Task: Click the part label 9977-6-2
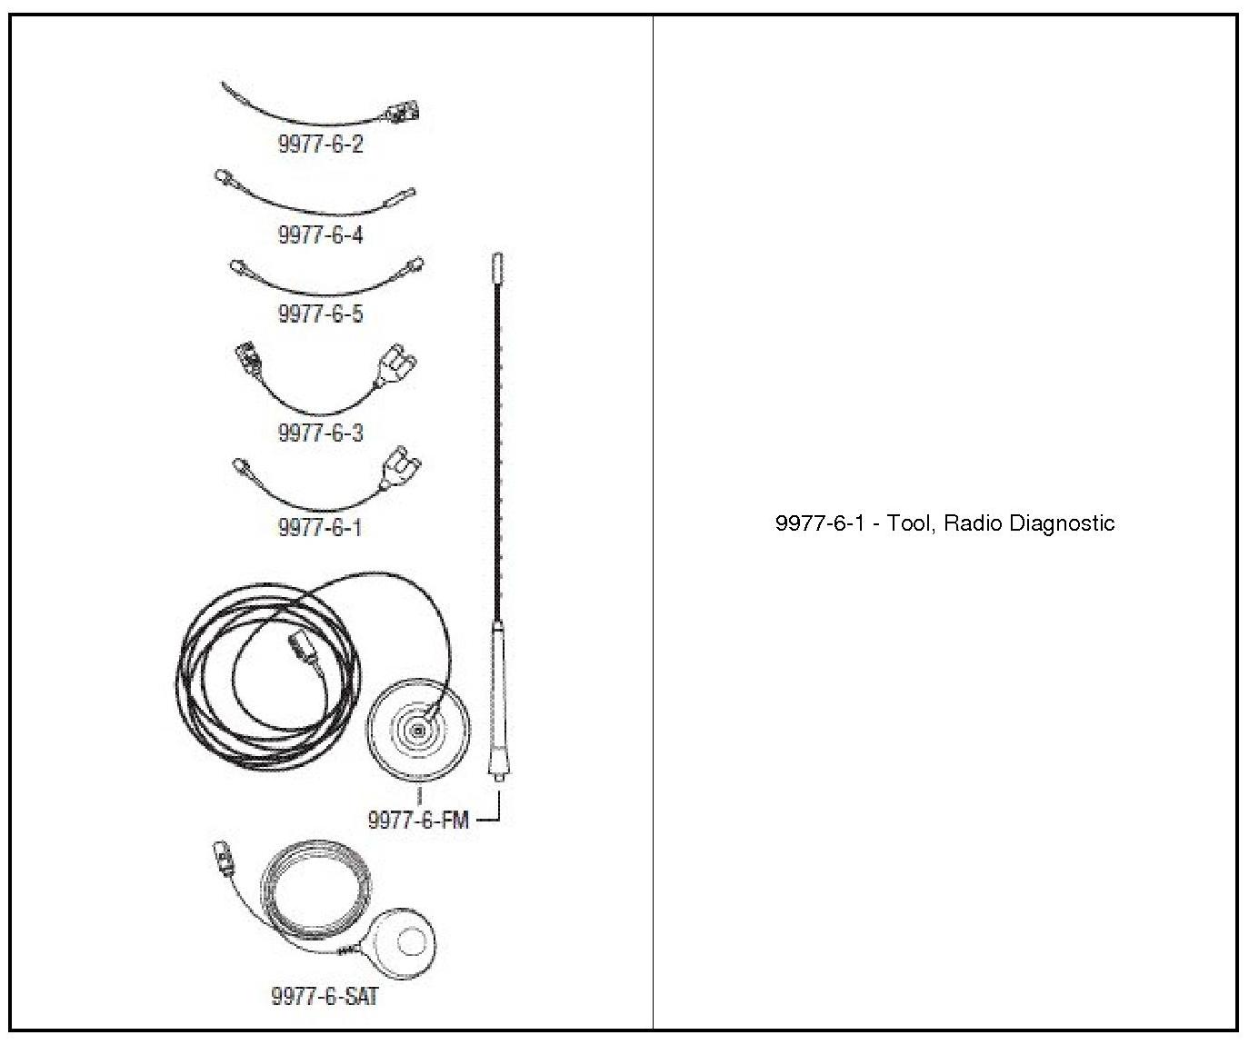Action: click(320, 144)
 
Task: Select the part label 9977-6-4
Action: click(320, 234)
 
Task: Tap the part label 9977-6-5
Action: click(320, 313)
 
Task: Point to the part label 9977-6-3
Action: click(320, 432)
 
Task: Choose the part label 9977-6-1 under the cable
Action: click(320, 527)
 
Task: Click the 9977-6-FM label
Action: click(418, 820)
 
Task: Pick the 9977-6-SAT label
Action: click(325, 996)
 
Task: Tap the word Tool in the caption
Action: click(908, 523)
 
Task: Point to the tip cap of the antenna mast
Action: click(496, 267)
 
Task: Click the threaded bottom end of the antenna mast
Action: click(497, 775)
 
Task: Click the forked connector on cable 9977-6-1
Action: click(401, 469)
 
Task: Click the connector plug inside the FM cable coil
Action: click(301, 647)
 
